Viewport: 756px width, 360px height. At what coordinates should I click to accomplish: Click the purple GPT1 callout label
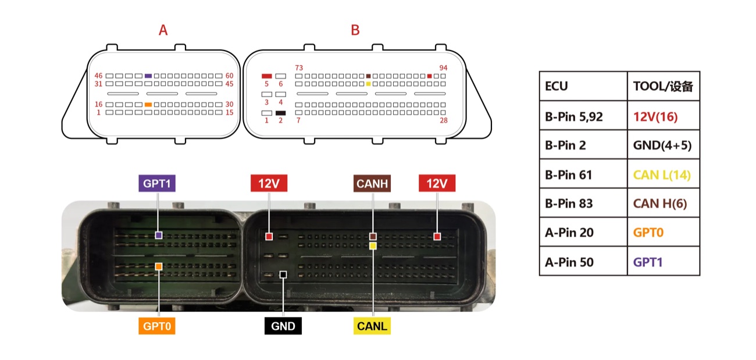pos(157,183)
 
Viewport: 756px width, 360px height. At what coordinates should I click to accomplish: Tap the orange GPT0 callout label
pos(157,326)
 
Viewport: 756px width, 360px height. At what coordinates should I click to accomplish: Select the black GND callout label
pos(283,326)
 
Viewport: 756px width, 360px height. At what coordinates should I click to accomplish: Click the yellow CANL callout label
pos(372,326)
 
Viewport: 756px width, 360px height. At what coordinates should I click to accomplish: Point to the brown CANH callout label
pos(372,183)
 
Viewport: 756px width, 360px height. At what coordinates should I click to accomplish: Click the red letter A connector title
pos(163,30)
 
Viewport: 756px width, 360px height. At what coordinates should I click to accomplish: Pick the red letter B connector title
pos(355,30)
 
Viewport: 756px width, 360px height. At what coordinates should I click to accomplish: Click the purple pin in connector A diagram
pos(148,76)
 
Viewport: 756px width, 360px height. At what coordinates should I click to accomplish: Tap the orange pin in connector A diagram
pos(148,105)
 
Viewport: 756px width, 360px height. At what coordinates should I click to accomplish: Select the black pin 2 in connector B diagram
pos(280,113)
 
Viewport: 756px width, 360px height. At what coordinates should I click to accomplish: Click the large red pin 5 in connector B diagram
pos(266,76)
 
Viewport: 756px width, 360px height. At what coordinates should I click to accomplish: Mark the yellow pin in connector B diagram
pos(368,84)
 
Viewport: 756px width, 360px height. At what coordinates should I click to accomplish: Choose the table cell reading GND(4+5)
pos(663,144)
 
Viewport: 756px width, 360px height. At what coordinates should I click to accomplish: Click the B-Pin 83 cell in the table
pos(583,203)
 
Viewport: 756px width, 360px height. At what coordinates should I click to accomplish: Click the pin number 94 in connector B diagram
pos(443,68)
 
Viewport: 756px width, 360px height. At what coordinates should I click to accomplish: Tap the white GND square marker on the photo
pos(283,275)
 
